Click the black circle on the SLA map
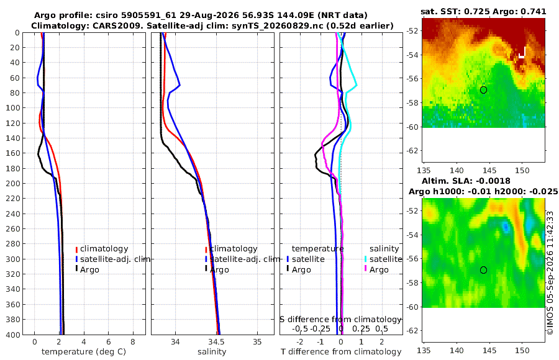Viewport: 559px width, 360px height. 483,270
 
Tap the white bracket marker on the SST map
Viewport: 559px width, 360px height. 522,52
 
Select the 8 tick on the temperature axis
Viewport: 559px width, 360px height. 133,342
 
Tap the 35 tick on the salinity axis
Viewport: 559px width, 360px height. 257,342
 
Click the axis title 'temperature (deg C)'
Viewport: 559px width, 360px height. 84,352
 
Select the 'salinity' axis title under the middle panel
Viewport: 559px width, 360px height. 212,352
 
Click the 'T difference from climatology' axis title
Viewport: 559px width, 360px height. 341,352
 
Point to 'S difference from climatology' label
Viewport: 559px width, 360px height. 340,319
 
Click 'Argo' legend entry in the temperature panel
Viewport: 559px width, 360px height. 89,270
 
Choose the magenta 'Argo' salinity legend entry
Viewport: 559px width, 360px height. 379,270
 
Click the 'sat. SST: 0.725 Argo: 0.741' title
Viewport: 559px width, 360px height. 483,11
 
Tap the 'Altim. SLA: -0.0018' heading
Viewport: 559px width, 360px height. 466,181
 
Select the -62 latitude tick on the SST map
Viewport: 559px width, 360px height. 412,150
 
